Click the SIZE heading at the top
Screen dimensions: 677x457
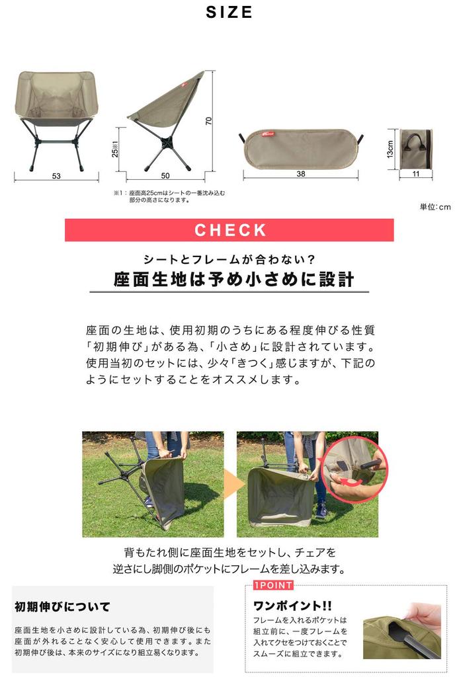pos(229,13)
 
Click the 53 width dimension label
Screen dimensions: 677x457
pos(56,176)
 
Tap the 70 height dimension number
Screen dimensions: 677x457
pos(208,121)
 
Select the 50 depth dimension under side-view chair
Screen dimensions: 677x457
pos(165,175)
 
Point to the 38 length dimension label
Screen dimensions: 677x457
pos(300,175)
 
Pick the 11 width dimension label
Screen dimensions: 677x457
pos(417,175)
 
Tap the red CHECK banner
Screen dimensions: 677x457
pos(229,230)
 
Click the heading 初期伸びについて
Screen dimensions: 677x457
pos(62,606)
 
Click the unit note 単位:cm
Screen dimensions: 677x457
pos(435,207)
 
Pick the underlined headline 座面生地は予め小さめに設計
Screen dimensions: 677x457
pos(233,279)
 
